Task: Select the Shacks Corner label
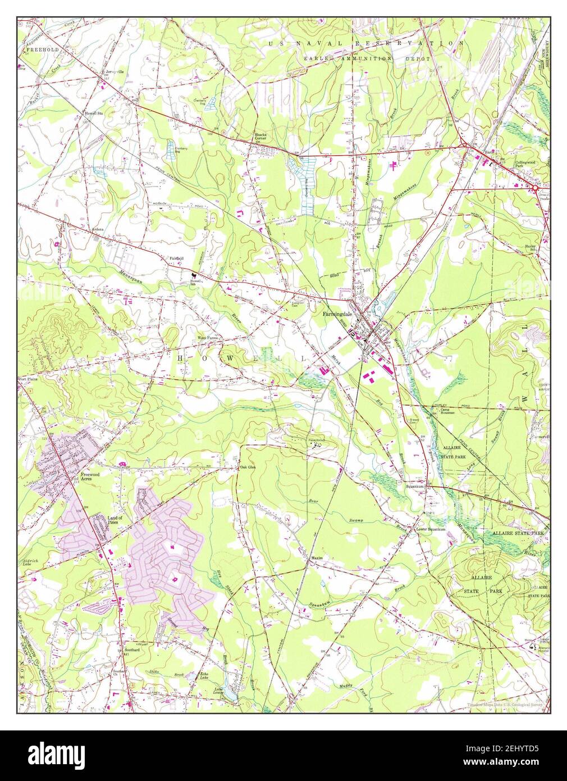pyautogui.click(x=260, y=137)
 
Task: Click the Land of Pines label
pyautogui.click(x=101, y=519)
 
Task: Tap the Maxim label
pyautogui.click(x=316, y=558)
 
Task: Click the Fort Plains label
pyautogui.click(x=28, y=378)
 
